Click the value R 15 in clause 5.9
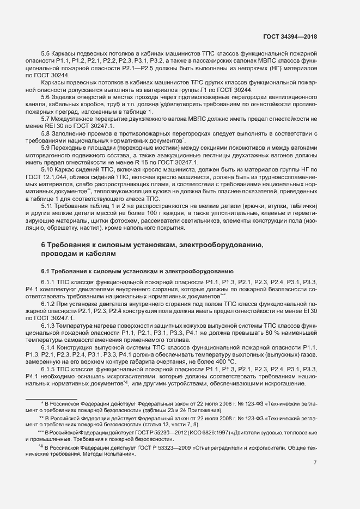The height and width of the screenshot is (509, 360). (142, 163)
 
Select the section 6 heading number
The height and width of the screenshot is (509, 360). (44, 246)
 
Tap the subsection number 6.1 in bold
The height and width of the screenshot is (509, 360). (46, 271)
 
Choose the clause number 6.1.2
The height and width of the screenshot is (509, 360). (50, 303)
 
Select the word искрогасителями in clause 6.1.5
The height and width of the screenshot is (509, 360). (120, 376)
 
